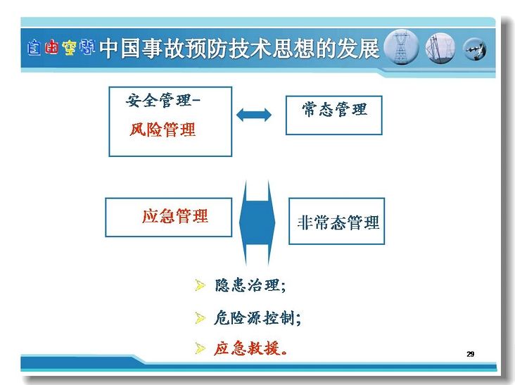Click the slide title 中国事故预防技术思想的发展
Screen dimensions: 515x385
click(239, 49)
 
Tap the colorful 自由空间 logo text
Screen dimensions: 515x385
click(61, 48)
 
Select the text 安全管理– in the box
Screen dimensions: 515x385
click(163, 100)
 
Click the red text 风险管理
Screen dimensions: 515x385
click(163, 130)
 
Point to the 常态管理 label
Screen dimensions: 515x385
click(334, 109)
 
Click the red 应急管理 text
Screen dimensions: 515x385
click(175, 216)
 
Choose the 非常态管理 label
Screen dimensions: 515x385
click(338, 222)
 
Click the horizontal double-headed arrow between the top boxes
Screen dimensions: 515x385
click(254, 115)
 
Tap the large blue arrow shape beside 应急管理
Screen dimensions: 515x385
click(257, 222)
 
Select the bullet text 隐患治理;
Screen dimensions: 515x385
click(250, 285)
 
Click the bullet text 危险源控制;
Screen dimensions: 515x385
click(257, 317)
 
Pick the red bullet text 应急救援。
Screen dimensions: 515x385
click(250, 348)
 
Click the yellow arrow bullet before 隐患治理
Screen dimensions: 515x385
click(200, 286)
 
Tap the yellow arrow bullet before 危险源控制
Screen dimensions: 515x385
click(200, 318)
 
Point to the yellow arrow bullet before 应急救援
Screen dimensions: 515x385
click(200, 348)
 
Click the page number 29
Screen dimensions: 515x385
click(471, 354)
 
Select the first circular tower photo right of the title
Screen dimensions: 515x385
click(401, 47)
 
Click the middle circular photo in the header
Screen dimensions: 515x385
click(440, 49)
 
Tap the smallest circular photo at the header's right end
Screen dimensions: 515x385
click(475, 49)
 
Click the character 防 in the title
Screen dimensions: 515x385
click(218, 49)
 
